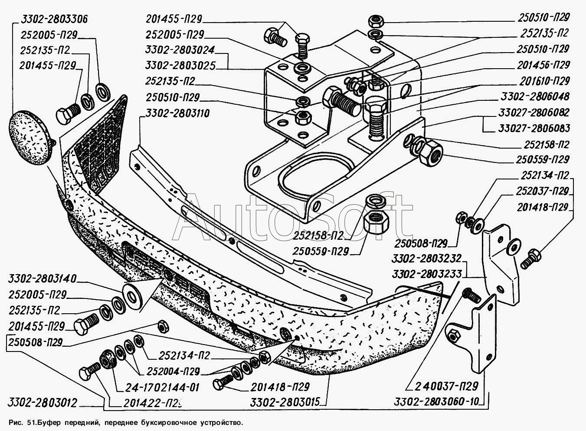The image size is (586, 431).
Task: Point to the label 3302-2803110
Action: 175,114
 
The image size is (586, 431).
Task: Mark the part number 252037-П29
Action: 542,191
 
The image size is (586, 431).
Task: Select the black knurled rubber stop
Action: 106,358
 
